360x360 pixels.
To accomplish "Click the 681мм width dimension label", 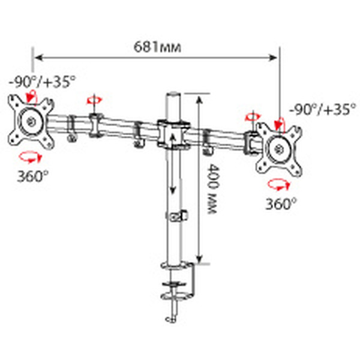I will tap(157, 46).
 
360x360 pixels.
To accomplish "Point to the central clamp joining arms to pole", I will tap(172, 136).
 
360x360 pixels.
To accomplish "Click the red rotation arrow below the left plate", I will tap(28, 157).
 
